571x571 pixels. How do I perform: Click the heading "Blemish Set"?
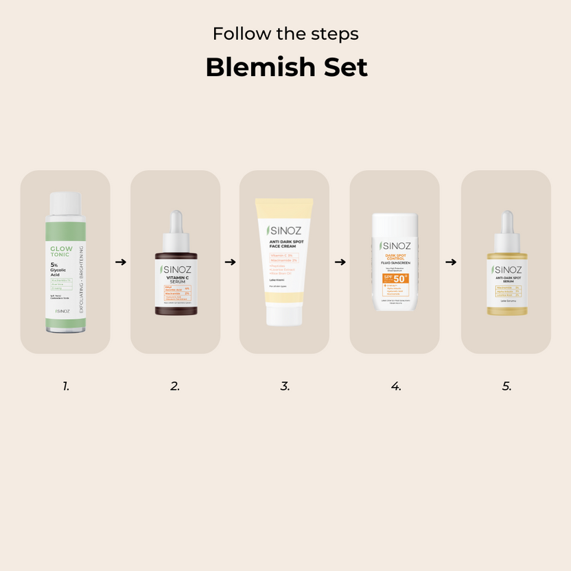point(285,67)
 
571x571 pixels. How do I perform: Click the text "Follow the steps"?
point(285,34)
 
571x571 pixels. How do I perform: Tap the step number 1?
point(66,386)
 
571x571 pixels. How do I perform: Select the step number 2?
point(175,386)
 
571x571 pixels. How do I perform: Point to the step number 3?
point(285,386)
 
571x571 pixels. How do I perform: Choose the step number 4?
point(396,386)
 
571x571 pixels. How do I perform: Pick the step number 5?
point(506,386)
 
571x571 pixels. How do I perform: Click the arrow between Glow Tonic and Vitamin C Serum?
point(121,261)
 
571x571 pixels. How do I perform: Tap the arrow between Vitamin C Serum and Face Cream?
point(230,261)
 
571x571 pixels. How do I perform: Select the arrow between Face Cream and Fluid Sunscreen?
point(340,261)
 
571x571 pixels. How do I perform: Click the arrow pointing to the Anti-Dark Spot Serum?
point(451,261)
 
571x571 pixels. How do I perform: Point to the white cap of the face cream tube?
point(285,315)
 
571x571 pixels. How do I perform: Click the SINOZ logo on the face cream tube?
point(284,231)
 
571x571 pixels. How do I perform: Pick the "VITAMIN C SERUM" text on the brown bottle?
point(176,280)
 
